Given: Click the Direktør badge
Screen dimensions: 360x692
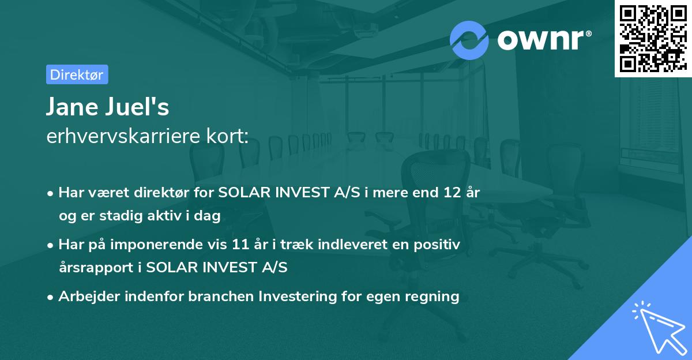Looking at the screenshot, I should click(x=76, y=74).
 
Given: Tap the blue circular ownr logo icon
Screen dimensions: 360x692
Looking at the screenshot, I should click(x=469, y=40).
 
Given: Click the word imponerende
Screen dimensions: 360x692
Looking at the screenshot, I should click(x=176, y=245).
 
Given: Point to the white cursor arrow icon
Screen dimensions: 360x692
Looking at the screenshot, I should click(x=657, y=328).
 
